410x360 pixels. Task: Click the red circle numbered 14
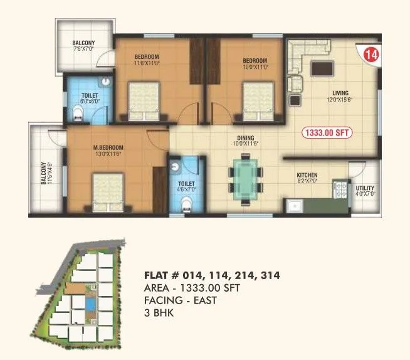372,55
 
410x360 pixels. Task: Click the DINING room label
245,139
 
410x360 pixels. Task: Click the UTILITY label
365,188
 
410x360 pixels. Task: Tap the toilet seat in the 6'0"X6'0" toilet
77,114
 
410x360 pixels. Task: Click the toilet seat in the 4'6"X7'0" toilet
184,204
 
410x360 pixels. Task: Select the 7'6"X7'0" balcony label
84,46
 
